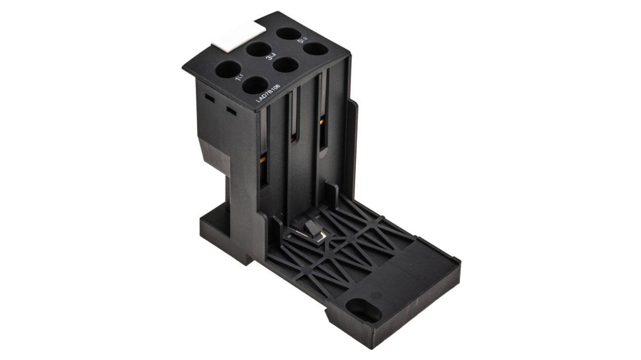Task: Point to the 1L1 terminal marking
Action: click(x=240, y=79)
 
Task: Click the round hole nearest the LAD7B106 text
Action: click(x=255, y=85)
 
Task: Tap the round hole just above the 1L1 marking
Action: click(x=228, y=70)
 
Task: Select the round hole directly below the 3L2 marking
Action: click(x=286, y=65)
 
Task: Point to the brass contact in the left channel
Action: click(x=261, y=159)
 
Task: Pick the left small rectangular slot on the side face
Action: click(x=209, y=97)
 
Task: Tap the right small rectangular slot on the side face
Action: click(x=231, y=110)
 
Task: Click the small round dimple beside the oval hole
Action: click(x=375, y=295)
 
